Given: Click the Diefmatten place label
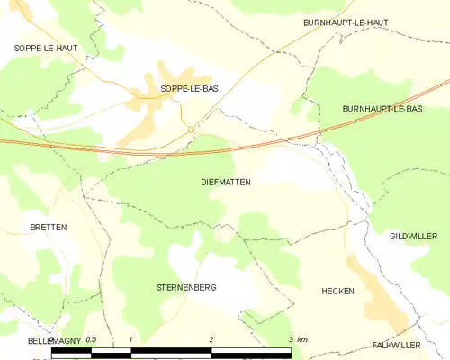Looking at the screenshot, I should tap(226, 182).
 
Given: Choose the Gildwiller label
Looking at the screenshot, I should tap(413, 236).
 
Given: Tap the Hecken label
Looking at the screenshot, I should tap(337, 292).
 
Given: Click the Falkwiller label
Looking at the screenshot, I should tap(397, 345).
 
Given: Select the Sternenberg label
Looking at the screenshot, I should tap(187, 287).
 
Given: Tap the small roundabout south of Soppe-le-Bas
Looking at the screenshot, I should tap(191, 130).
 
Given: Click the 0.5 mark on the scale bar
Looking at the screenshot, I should tap(91, 339).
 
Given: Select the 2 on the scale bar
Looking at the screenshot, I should tap(211, 339).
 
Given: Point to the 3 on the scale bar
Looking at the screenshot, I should tap(290, 339).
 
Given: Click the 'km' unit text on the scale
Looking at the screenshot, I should tap(302, 339).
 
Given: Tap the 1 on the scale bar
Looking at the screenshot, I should tap(131, 339).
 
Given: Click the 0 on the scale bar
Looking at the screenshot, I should tap(52, 339).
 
